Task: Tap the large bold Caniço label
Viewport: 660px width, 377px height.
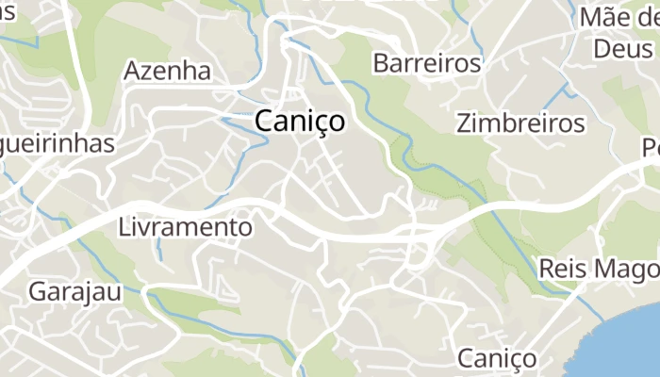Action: tap(300, 122)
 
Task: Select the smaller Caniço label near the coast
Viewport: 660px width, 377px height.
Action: tap(497, 358)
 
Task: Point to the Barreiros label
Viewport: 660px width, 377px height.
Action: tap(427, 64)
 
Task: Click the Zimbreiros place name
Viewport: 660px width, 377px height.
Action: tap(520, 123)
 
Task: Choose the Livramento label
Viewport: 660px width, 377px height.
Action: tap(186, 227)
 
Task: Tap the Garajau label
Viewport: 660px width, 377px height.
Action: tap(74, 291)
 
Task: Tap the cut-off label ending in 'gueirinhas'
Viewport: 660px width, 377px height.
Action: tap(57, 144)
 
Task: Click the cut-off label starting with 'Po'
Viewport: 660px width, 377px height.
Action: tap(650, 148)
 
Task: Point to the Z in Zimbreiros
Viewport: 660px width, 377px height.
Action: tap(463, 123)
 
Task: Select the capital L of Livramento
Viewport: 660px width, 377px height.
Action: tap(124, 227)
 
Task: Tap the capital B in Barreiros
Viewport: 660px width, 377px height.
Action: tap(381, 64)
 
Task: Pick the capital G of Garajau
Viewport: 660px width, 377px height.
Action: tap(37, 291)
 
